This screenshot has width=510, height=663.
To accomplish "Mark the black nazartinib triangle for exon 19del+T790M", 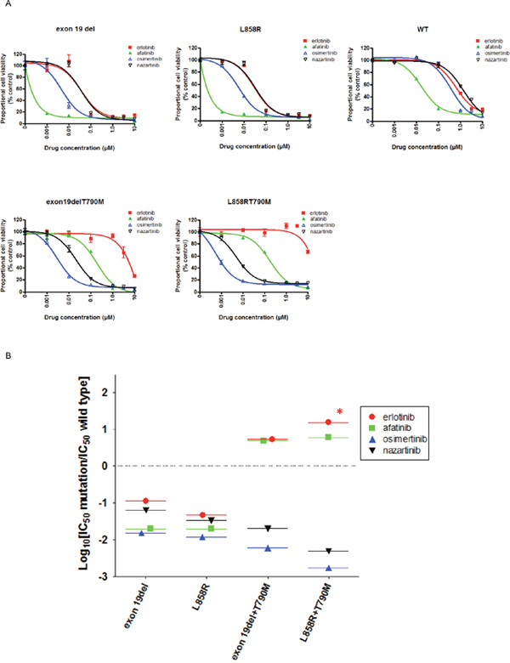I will click(x=268, y=529).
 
